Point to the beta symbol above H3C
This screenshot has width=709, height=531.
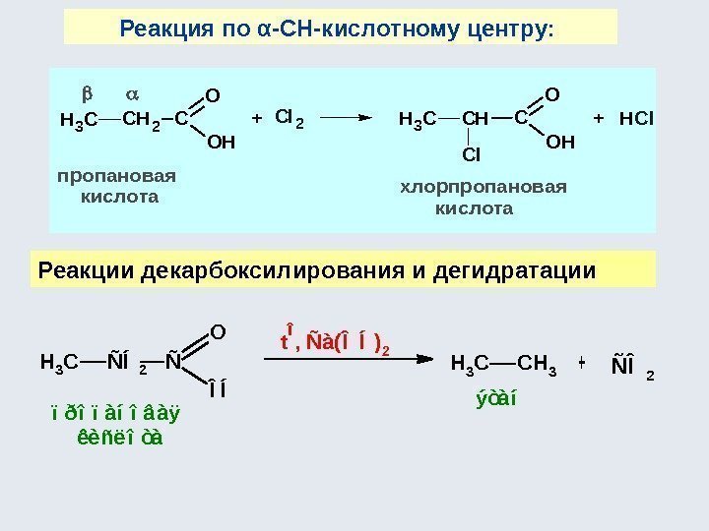[86, 95]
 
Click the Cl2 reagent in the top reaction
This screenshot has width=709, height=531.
[290, 119]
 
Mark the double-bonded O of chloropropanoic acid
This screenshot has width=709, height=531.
[551, 95]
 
